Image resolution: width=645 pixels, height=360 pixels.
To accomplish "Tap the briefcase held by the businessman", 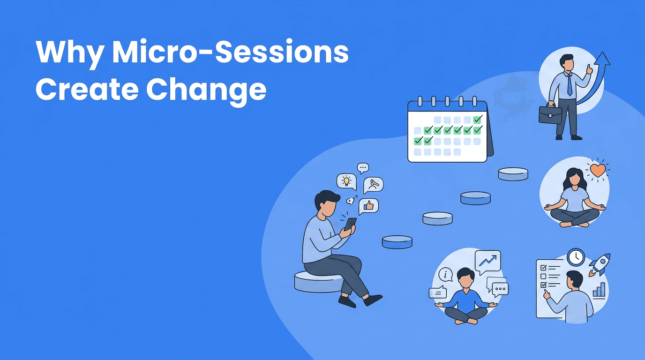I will click(x=550, y=114).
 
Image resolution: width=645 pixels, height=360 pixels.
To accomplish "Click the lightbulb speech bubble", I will click(x=346, y=181).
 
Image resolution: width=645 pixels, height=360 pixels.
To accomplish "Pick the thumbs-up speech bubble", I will click(x=368, y=206).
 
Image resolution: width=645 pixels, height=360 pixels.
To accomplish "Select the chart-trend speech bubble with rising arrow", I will click(x=487, y=260).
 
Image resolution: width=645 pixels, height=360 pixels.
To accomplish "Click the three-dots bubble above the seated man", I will click(x=362, y=167).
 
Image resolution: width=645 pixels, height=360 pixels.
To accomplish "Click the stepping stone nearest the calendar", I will click(x=513, y=174).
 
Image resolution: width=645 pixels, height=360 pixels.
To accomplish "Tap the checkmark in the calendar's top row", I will click(x=477, y=120).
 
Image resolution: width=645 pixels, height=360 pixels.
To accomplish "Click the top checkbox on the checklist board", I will click(x=543, y=267).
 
